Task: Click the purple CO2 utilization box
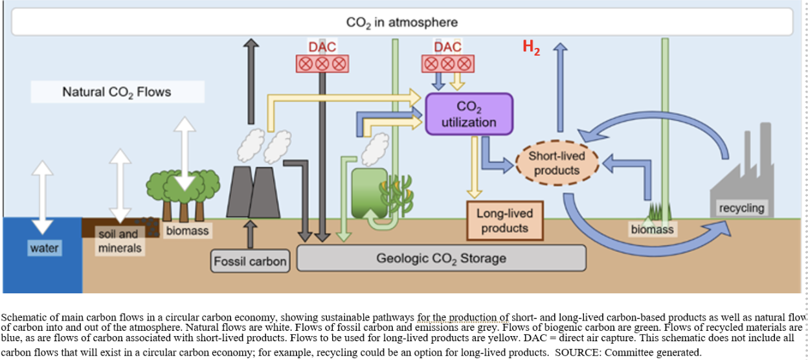468,114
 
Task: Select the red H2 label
531,47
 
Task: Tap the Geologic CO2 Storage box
441,258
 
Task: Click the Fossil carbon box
250,261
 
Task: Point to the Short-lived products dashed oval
557,163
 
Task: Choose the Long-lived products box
505,220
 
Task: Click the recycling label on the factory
741,208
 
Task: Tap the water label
44,248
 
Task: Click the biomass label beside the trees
187,230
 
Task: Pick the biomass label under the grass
652,229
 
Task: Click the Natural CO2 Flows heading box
117,92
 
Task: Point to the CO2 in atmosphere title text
401,22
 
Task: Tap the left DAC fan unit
322,63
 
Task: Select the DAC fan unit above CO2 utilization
447,63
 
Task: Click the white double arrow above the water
43,196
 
